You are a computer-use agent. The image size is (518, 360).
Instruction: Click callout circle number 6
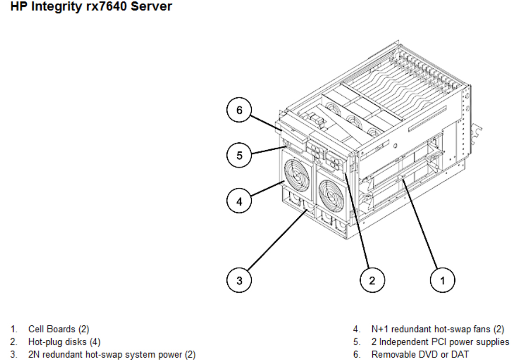click(x=240, y=111)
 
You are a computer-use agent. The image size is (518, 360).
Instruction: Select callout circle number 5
click(x=240, y=155)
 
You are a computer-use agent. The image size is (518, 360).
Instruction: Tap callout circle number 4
click(x=240, y=202)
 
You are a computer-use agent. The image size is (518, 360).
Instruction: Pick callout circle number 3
click(x=240, y=281)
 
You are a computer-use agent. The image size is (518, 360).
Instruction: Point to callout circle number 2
click(x=372, y=281)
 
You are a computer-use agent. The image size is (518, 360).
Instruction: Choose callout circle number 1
click(x=443, y=281)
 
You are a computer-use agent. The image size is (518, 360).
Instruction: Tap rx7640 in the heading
click(x=100, y=7)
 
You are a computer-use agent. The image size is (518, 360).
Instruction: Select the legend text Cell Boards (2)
click(x=58, y=329)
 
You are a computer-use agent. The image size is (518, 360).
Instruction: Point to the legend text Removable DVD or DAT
click(x=420, y=355)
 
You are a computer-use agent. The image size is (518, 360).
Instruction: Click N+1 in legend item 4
click(x=381, y=329)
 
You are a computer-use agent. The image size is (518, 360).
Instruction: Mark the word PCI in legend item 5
click(x=440, y=342)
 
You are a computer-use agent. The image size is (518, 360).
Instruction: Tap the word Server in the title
click(x=152, y=7)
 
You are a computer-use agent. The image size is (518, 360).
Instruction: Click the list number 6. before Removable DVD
click(x=356, y=355)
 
